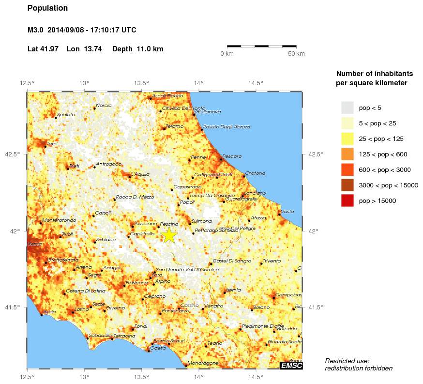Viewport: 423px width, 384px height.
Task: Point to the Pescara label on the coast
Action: point(232,156)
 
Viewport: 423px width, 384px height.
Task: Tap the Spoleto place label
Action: point(66,115)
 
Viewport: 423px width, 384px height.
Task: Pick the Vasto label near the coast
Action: point(287,212)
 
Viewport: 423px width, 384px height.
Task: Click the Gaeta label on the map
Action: point(158,348)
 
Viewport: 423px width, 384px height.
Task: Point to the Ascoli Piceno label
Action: point(168,96)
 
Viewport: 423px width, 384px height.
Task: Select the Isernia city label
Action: point(233,290)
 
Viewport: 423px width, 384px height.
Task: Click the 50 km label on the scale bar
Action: point(296,53)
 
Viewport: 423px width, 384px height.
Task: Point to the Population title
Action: point(47,8)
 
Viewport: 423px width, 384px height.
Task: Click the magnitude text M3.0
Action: point(36,30)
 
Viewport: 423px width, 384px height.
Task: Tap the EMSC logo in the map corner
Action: point(291,365)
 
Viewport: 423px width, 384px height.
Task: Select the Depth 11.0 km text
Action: point(137,49)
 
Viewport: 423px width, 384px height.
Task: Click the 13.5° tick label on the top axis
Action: point(141,83)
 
